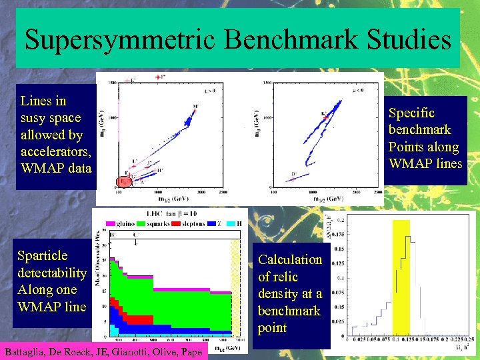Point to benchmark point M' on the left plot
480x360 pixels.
194,107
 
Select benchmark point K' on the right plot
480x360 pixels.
324,114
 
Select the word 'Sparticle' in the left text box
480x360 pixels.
43,256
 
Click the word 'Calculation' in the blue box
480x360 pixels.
290,260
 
